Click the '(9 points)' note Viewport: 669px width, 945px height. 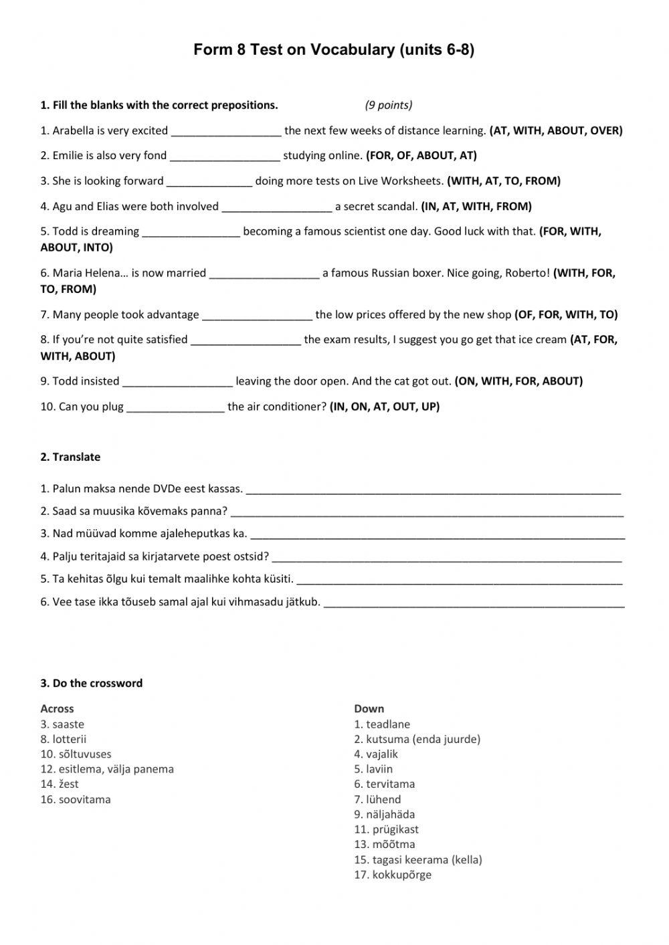389,105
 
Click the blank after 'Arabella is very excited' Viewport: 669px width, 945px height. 226,131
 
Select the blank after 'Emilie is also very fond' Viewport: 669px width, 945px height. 225,156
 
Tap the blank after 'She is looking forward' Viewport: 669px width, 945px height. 209,181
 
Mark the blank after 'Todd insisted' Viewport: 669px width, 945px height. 178,382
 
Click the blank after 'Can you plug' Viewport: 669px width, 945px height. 175,407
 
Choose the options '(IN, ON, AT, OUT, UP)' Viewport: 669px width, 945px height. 385,407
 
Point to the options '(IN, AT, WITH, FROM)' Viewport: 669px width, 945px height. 476,207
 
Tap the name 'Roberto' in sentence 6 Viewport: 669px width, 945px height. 525,273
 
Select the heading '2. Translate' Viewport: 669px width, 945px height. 70,457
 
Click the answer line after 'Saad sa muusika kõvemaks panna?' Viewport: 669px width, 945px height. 427,512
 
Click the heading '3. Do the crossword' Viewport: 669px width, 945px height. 92,684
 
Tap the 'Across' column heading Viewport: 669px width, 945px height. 57,709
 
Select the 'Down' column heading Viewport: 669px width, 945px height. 369,709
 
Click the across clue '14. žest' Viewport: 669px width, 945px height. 60,784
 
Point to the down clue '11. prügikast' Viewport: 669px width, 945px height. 386,829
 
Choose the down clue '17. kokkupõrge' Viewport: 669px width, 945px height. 393,875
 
